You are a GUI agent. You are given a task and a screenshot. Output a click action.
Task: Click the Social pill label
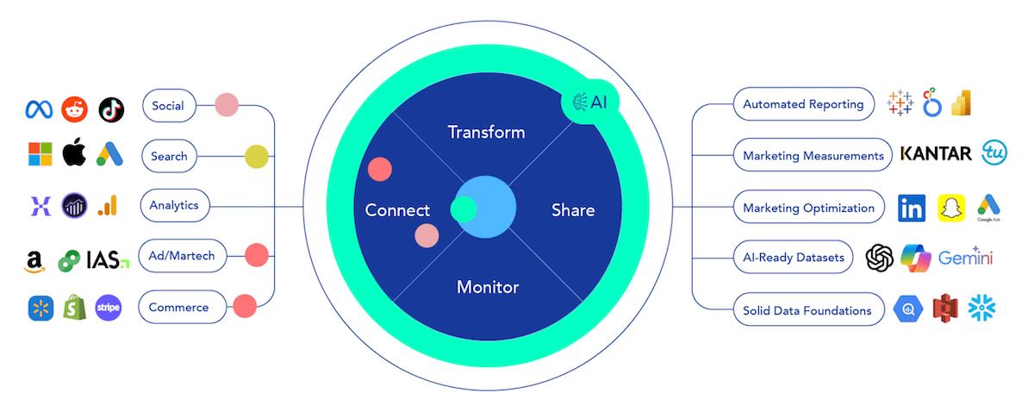tap(169, 106)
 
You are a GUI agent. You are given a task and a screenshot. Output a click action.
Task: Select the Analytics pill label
tap(174, 205)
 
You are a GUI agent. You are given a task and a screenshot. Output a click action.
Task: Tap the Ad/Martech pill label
tap(183, 256)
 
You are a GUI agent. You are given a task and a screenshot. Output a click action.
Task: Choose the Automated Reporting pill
tap(804, 104)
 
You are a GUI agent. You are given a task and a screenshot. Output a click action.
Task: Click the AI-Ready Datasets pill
tap(793, 257)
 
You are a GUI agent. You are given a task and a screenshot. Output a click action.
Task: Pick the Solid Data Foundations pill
tap(809, 310)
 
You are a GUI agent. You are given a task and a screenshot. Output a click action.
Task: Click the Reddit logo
tap(74, 109)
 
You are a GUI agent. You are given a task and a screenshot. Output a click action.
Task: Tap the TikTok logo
tap(111, 110)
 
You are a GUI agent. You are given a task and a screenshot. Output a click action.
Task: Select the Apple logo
tap(74, 152)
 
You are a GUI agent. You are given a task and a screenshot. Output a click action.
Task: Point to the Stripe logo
tap(109, 308)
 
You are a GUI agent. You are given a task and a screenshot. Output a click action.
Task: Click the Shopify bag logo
tap(75, 308)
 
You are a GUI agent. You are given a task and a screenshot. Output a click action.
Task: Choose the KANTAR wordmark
tap(936, 153)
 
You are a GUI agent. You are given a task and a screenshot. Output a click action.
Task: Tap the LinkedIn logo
tap(912, 209)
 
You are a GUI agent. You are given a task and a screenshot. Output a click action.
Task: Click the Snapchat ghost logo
tap(951, 209)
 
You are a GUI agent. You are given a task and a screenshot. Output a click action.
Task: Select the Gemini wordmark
tap(966, 257)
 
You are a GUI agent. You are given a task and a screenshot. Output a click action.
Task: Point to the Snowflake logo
tap(981, 308)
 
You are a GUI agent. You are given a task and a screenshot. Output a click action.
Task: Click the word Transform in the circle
tap(487, 133)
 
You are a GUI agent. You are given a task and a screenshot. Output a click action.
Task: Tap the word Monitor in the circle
tap(488, 287)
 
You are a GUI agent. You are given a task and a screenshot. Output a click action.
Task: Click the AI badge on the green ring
tap(590, 102)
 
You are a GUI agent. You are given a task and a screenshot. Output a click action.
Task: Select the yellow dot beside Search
tap(257, 157)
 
